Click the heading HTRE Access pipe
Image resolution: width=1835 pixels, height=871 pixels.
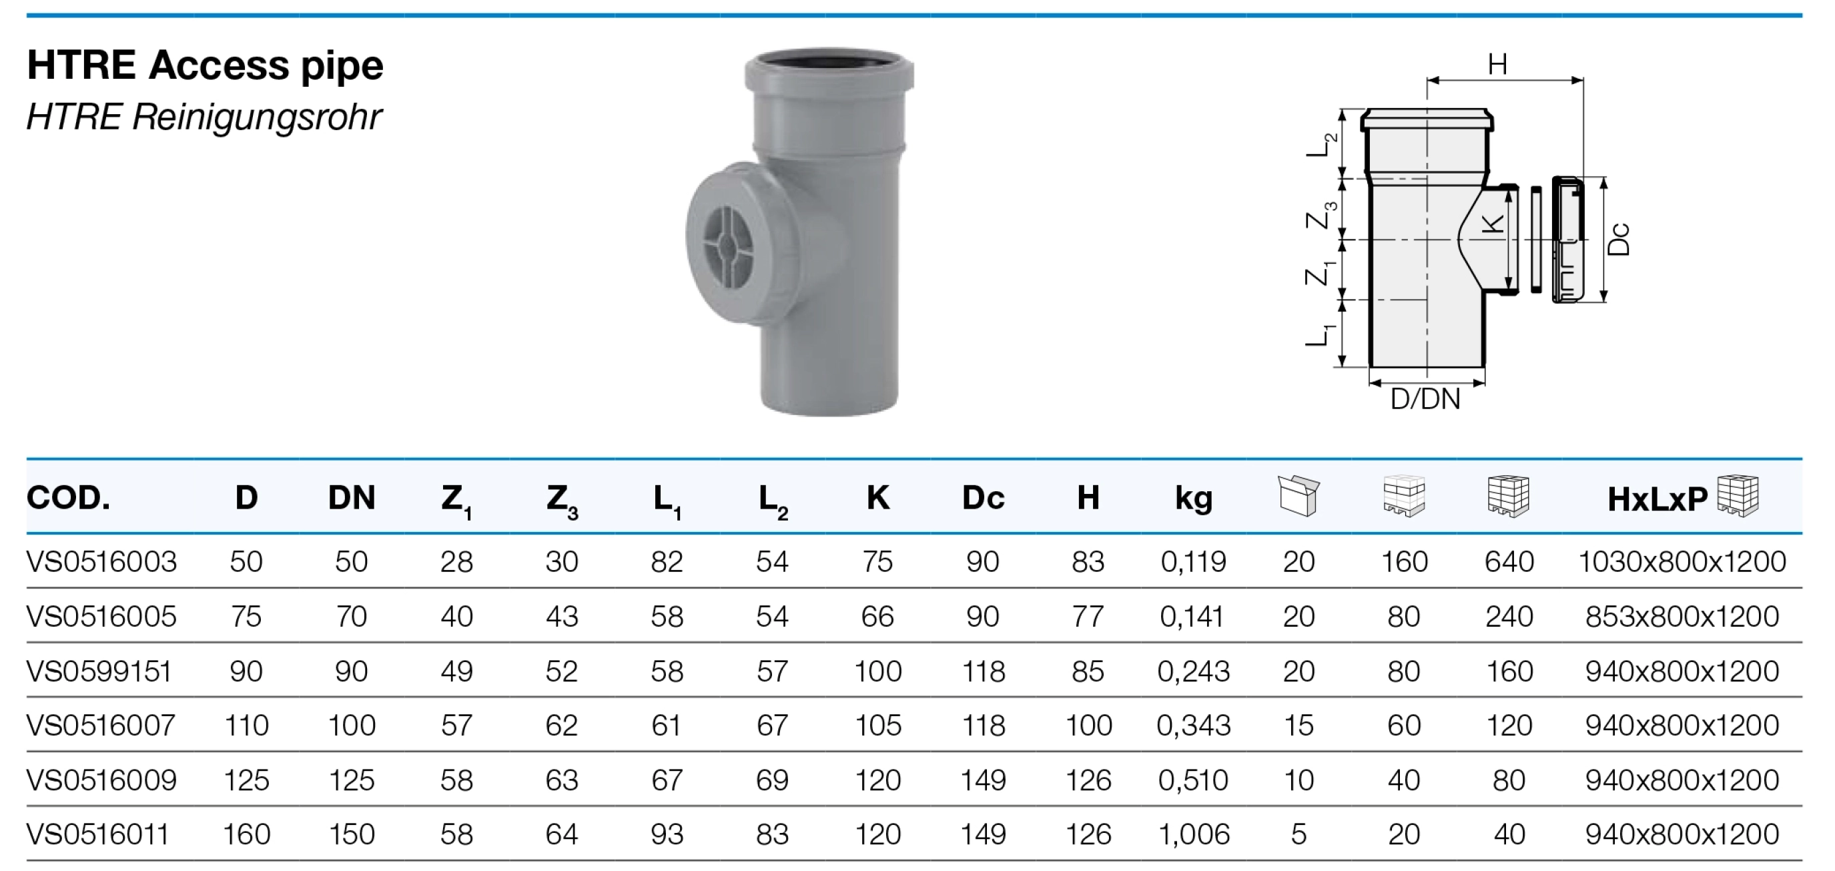[x=205, y=65]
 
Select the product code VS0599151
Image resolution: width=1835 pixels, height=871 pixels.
[x=99, y=671]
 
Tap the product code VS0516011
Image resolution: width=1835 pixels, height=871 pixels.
[x=97, y=834]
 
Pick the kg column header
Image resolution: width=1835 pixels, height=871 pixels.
[x=1193, y=498]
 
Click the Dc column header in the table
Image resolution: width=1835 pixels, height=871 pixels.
[x=983, y=497]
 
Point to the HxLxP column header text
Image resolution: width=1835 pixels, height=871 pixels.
[x=1657, y=500]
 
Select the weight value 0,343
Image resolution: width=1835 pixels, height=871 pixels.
[x=1193, y=725]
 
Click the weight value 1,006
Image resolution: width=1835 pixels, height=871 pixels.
[x=1193, y=834]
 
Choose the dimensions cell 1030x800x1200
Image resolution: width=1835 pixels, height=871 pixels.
[x=1682, y=562]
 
